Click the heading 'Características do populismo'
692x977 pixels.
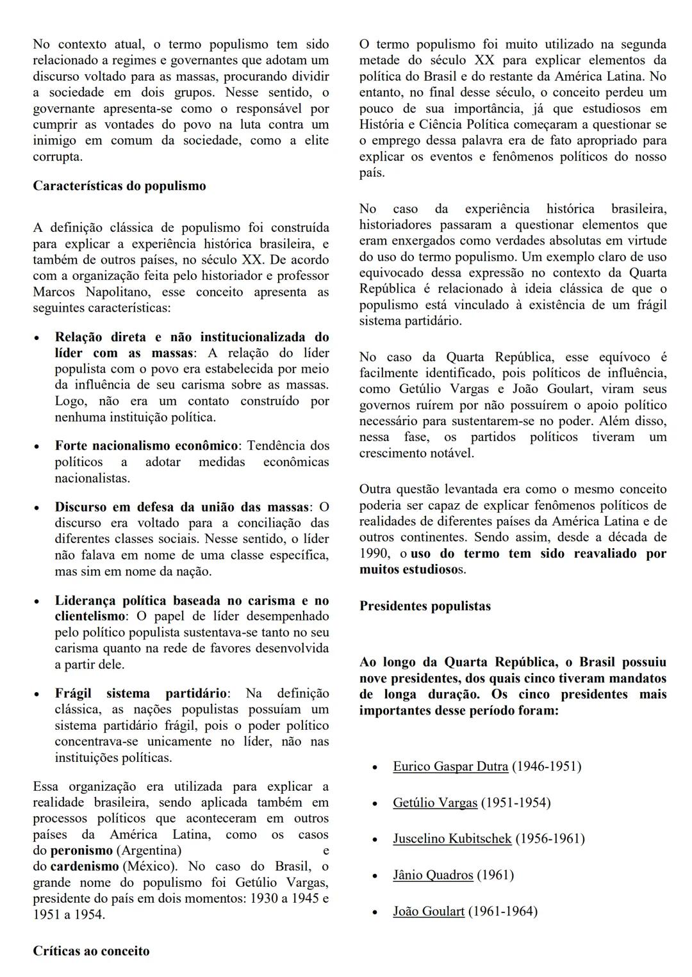coord(119,186)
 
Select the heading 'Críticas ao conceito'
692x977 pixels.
coord(91,951)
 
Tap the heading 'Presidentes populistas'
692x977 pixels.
coord(425,606)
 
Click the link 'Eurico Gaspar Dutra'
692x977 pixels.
coord(450,766)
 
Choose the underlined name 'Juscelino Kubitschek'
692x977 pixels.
coord(452,839)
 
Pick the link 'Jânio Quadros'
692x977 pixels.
coord(432,875)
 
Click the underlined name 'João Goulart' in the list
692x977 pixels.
coord(428,912)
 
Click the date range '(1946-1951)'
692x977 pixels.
coord(547,766)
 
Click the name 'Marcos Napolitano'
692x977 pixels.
coord(85,292)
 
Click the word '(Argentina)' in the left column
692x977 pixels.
coord(149,851)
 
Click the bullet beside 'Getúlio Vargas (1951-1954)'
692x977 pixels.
coord(375,803)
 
